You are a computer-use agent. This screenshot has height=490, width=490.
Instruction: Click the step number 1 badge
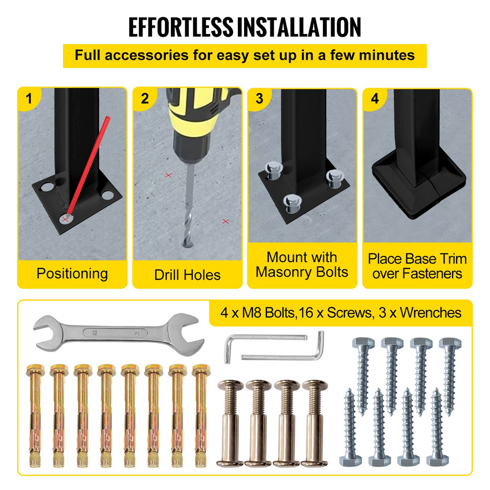[x=29, y=99]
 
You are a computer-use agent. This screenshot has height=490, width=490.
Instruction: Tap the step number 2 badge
[x=145, y=99]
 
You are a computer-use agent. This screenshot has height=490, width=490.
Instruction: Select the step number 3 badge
[x=259, y=99]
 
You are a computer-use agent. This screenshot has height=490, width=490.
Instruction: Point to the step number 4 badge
[x=375, y=99]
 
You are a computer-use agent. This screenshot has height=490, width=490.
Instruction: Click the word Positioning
[x=72, y=274]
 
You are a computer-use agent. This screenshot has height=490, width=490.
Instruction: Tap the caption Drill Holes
[x=187, y=275]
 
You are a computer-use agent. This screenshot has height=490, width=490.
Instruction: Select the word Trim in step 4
[x=452, y=259]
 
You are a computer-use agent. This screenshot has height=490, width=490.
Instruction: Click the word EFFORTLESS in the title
[x=181, y=27]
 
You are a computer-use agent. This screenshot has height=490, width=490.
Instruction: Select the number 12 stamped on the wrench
[x=95, y=333]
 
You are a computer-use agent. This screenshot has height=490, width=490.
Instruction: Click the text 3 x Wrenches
[x=420, y=313]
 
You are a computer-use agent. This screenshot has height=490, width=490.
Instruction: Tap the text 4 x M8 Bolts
[x=257, y=313]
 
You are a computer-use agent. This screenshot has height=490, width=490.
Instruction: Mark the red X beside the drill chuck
[x=169, y=175]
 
